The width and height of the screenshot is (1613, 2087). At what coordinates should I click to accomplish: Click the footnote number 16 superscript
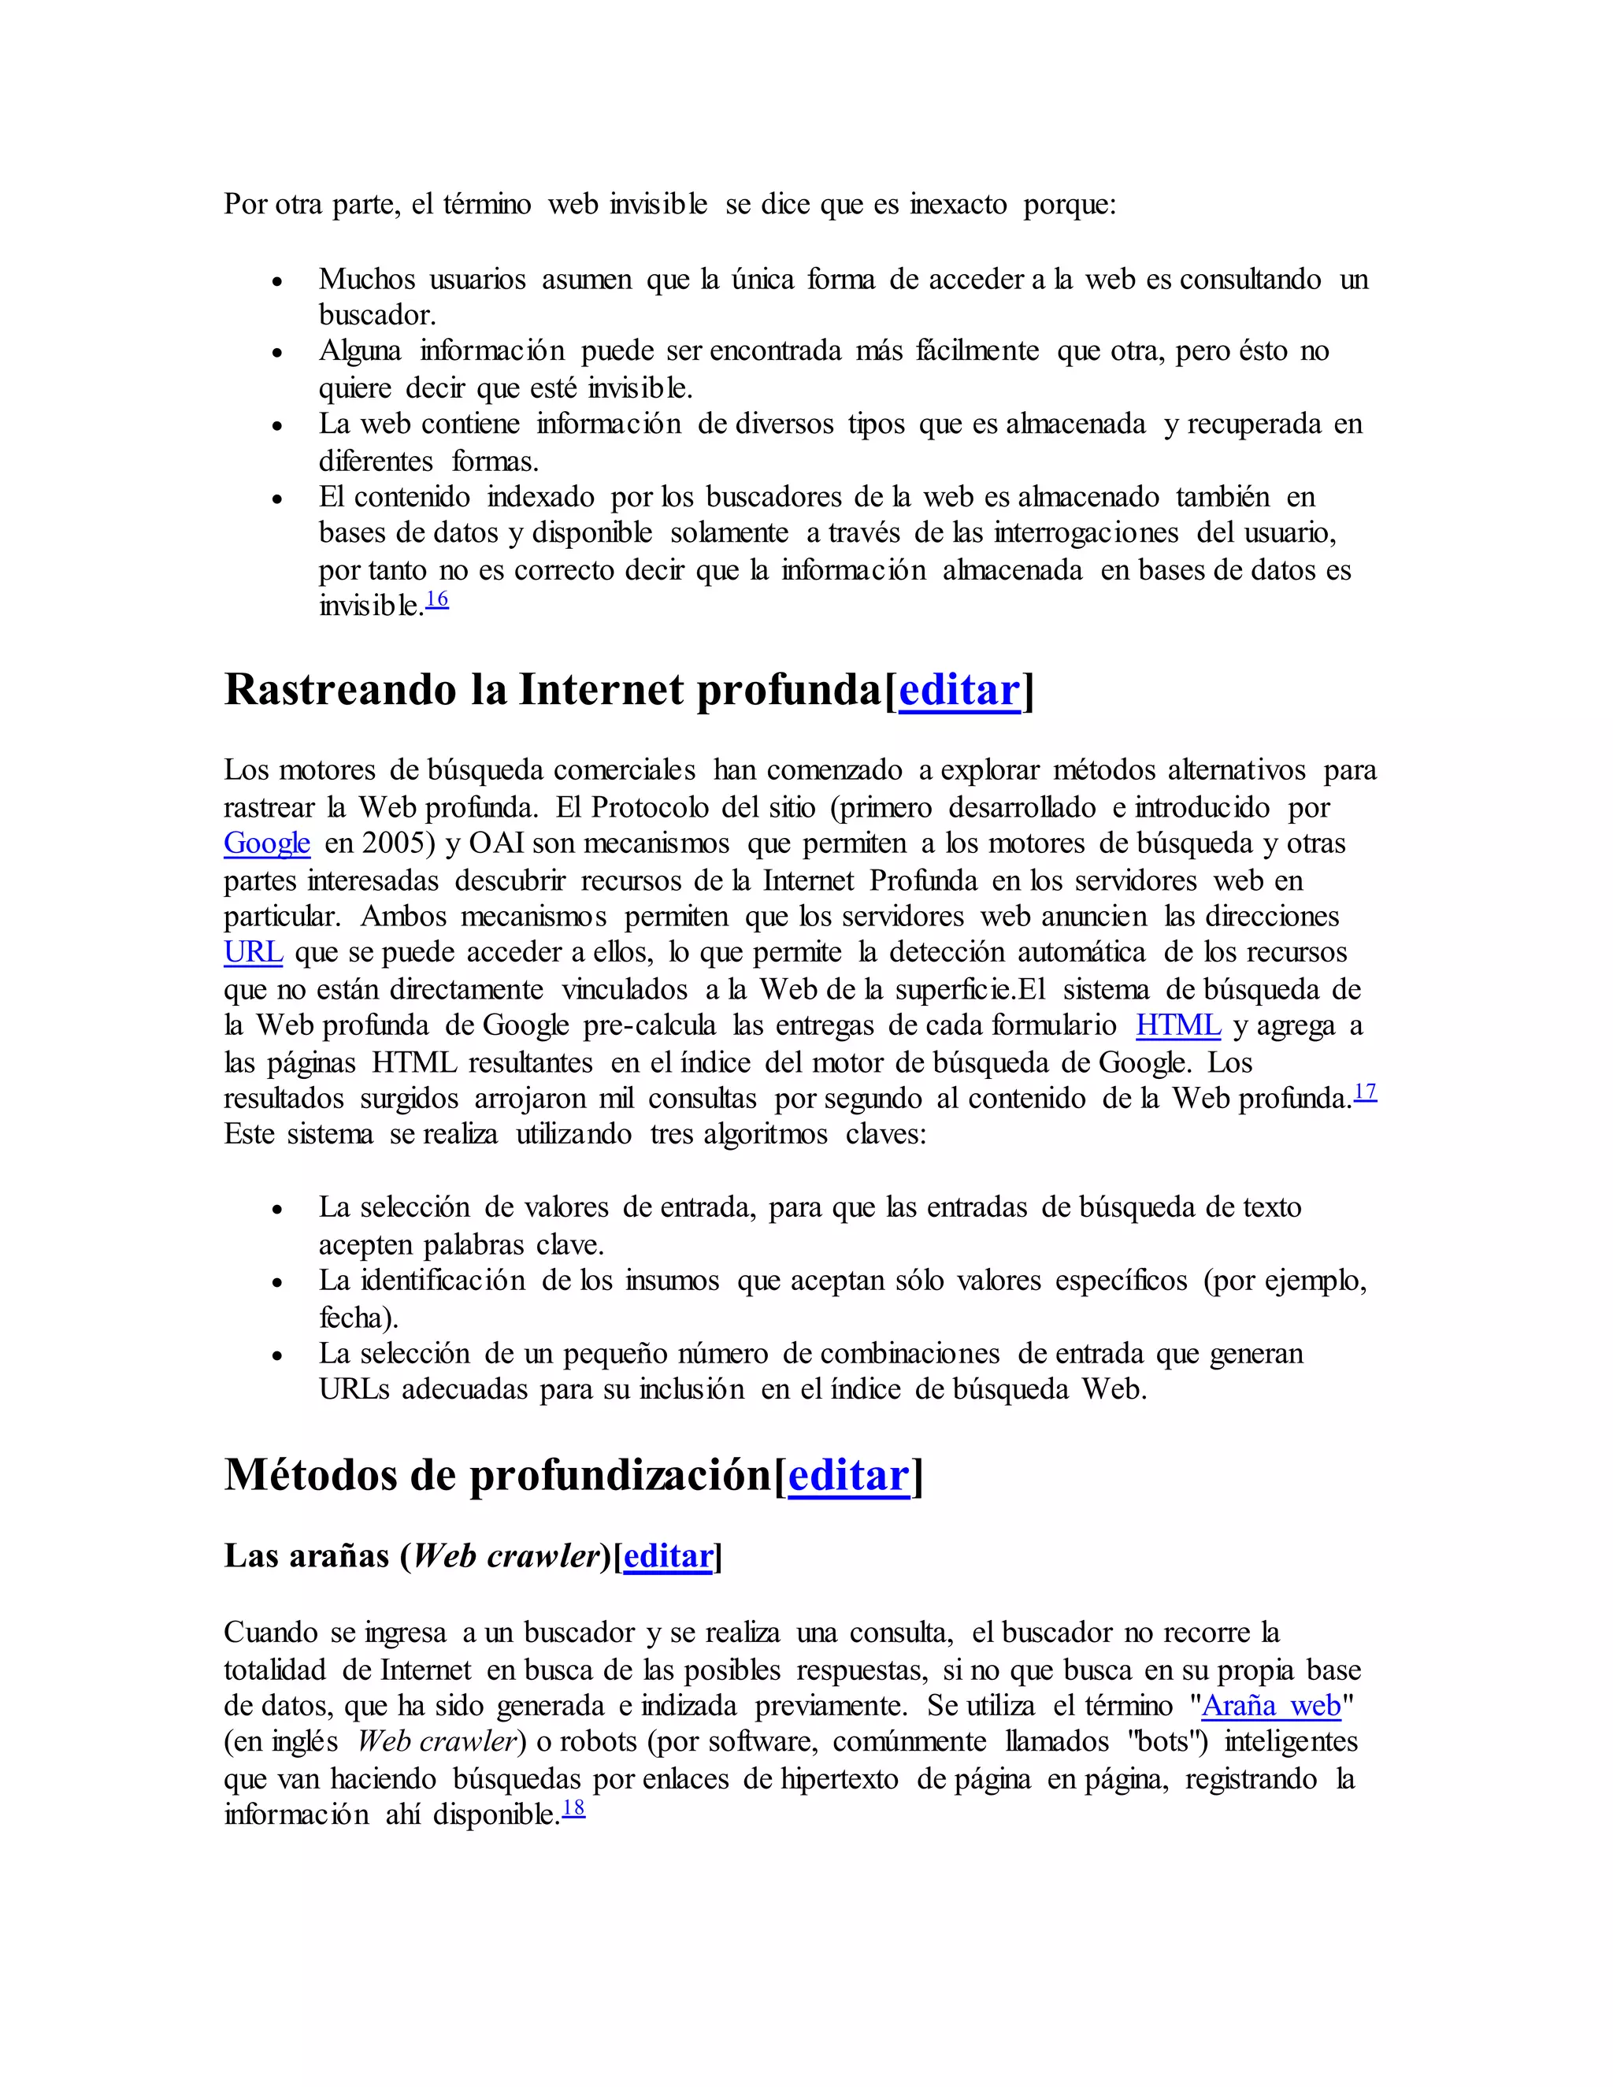pos(436,600)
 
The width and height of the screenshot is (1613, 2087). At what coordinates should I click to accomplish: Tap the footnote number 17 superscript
pos(1366,1092)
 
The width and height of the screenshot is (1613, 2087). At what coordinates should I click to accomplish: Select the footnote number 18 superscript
pos(573,1808)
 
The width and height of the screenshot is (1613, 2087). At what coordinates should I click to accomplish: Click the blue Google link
pos(267,843)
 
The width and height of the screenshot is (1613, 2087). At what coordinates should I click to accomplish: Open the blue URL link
pos(254,952)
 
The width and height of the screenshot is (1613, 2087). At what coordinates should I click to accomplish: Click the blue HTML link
pos(1177,1025)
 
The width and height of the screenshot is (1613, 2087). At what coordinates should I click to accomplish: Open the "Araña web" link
pos(1271,1706)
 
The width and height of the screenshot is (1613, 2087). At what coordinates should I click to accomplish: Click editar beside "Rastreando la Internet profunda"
pos(959,690)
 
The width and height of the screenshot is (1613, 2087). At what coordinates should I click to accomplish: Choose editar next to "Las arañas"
pos(668,1555)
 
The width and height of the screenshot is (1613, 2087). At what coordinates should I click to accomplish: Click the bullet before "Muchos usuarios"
pos(277,281)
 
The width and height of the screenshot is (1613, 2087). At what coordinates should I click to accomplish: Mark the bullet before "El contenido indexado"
pos(277,499)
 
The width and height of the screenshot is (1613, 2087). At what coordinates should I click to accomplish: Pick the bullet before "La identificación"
pos(277,1282)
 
